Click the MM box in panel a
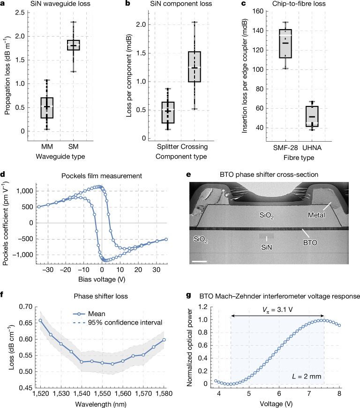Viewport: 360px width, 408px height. coord(47,108)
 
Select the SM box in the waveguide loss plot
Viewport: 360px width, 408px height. coord(73,45)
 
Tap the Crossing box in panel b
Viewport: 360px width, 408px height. coord(195,67)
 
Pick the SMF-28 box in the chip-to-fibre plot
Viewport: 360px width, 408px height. coord(285,44)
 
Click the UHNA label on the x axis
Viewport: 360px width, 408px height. coord(312,148)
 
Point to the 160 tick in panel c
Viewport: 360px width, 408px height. coord(258,11)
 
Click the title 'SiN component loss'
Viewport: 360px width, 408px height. coord(181,4)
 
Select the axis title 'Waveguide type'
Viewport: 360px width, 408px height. coord(60,156)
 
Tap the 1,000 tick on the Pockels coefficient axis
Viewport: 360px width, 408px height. coord(25,191)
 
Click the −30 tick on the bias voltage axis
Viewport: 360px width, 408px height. coord(48,270)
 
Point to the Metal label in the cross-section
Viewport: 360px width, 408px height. coord(316,215)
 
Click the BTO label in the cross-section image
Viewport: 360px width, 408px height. coord(310,242)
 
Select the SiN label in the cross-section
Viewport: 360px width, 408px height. coord(266,247)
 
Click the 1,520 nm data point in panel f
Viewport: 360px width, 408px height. coord(40,320)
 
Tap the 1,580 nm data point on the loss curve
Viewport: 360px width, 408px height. coord(164,340)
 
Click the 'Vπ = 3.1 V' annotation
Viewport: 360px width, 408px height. coord(277,310)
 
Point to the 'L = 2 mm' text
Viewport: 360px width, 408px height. coord(307,377)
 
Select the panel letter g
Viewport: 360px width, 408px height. coord(188,295)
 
